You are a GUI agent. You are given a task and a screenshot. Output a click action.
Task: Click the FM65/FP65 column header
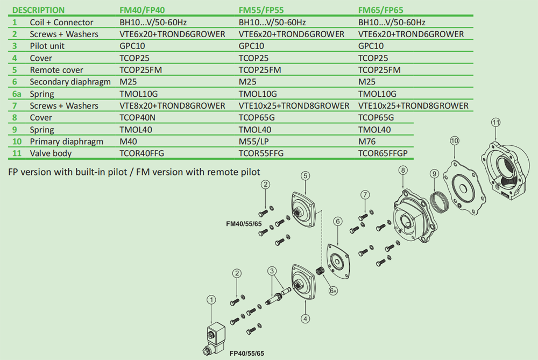(380, 10)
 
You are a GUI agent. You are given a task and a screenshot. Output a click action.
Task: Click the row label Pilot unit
(47, 46)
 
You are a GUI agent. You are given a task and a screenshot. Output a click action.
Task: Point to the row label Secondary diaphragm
(70, 82)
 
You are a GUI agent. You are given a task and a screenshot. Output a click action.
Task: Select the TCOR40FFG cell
(141, 153)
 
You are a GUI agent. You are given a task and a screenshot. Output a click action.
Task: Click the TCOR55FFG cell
(261, 153)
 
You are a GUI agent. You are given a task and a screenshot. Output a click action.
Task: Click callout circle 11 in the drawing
(497, 122)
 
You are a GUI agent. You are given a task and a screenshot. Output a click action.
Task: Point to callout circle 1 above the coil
(212, 300)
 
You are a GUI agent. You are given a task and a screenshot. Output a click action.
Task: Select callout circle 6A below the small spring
(334, 291)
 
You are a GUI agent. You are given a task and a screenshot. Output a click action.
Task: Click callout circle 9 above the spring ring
(435, 173)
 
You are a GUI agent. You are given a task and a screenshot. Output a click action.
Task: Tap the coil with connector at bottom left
(215, 338)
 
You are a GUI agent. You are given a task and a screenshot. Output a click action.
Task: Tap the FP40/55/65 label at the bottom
(247, 354)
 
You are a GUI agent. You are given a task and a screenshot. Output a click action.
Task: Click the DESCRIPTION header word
(38, 10)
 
